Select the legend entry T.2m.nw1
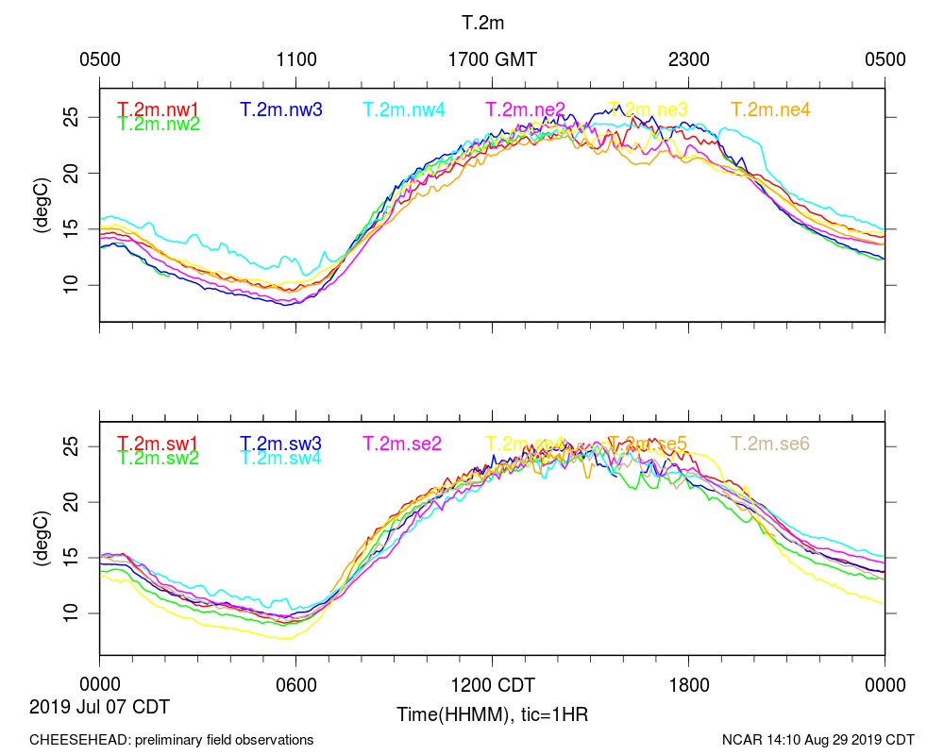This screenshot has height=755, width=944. pos(158,109)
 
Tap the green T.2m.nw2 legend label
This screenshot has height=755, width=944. pos(158,124)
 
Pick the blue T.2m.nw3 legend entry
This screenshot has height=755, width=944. pos(280,109)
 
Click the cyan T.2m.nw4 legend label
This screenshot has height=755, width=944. pos(403,109)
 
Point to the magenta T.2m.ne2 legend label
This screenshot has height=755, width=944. pos(526,109)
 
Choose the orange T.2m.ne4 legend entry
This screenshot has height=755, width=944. pos(770,109)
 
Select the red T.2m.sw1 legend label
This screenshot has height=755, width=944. pos(158,444)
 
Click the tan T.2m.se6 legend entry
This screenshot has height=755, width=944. pos(770,444)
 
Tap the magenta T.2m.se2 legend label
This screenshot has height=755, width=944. pos(403,444)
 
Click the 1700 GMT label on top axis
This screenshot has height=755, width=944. pos(492,59)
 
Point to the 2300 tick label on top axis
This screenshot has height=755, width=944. pos(689,59)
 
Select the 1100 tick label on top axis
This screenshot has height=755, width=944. pos(296,59)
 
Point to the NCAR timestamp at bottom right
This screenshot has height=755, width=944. pos(818,740)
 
